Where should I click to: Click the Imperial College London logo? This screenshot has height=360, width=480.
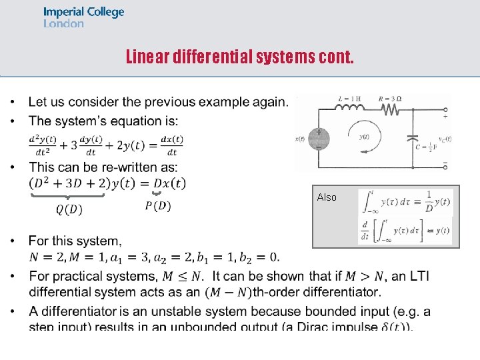83,17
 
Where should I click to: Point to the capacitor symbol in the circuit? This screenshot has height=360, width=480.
414,140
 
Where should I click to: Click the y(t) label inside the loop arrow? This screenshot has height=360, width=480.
364,137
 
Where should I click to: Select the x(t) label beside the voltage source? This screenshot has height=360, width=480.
301,139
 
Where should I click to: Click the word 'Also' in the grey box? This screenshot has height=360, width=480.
327,197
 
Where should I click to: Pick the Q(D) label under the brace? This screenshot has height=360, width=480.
69,210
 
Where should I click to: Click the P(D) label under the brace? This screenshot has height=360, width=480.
157,206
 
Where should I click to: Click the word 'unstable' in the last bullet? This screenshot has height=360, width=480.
173,311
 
